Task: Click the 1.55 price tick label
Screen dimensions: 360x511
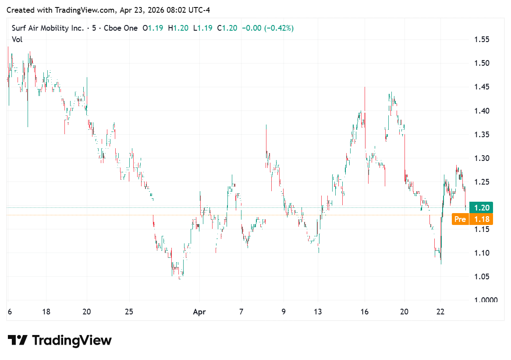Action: (x=482, y=39)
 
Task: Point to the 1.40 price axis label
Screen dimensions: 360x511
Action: (x=482, y=110)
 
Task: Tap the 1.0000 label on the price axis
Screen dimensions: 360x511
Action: (x=485, y=300)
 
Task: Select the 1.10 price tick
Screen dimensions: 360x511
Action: (x=482, y=253)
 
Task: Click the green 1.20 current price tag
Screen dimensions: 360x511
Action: (x=481, y=207)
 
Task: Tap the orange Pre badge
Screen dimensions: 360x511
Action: (x=460, y=219)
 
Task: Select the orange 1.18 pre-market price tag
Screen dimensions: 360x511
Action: (x=481, y=219)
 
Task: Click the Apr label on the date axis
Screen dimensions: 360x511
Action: (x=199, y=312)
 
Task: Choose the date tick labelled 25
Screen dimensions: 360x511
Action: (x=128, y=312)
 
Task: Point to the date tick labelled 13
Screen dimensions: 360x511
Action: (x=318, y=312)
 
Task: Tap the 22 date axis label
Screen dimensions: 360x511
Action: (x=440, y=312)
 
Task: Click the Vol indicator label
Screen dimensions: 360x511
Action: (x=17, y=39)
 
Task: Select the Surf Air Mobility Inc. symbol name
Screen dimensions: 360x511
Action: (x=47, y=28)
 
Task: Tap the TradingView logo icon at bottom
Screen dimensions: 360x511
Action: (x=18, y=340)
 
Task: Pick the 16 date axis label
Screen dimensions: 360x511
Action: (x=365, y=312)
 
